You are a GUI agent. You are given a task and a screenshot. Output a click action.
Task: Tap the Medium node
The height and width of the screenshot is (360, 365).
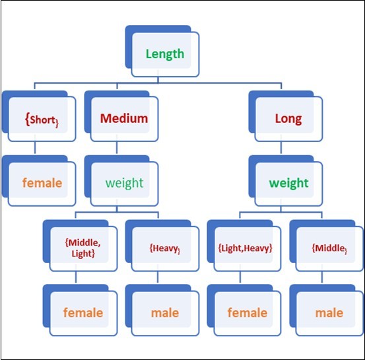click(x=123, y=120)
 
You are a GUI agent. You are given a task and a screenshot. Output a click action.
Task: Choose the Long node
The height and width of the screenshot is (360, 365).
click(x=288, y=120)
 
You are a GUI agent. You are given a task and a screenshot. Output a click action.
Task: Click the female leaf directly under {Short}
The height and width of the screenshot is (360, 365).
click(x=42, y=182)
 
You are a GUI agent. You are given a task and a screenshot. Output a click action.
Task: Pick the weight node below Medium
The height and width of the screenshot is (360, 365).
click(x=123, y=182)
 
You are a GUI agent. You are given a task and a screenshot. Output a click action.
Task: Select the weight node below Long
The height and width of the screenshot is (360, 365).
click(x=288, y=182)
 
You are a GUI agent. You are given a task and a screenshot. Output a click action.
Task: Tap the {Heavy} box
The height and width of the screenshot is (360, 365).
click(x=164, y=248)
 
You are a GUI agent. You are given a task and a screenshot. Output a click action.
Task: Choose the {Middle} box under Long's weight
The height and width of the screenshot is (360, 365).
click(x=328, y=248)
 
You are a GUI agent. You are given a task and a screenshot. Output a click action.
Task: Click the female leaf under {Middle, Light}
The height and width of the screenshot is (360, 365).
click(x=83, y=312)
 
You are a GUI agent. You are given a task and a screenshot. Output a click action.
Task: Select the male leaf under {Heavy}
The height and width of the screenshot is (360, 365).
click(x=164, y=312)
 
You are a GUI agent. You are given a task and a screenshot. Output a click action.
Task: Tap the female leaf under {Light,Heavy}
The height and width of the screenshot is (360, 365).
click(x=246, y=312)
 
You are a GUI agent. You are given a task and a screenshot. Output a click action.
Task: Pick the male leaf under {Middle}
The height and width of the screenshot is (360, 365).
click(x=328, y=312)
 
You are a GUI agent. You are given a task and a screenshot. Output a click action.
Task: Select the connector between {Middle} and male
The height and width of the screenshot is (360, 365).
click(x=321, y=279)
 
